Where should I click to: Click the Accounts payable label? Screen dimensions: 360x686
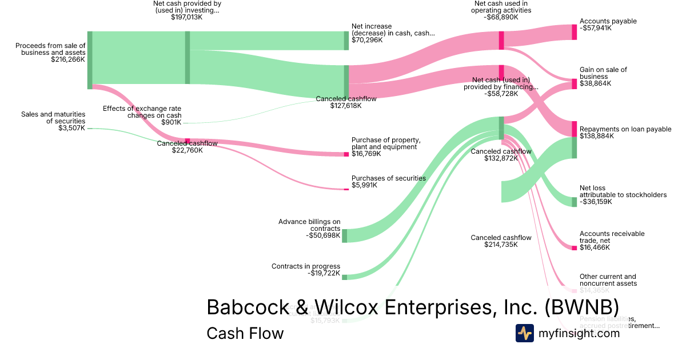(608, 21)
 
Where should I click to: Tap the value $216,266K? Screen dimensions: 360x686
(68, 59)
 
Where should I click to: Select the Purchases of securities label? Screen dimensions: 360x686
(388, 178)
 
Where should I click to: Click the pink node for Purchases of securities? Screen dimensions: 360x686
(346, 189)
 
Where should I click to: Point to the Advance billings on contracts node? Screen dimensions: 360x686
(345, 235)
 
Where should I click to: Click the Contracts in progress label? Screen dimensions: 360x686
(306, 266)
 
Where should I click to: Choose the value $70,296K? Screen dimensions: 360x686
(367, 40)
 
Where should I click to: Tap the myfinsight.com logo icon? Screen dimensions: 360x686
(524, 333)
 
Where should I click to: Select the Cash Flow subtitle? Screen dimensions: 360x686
(245, 333)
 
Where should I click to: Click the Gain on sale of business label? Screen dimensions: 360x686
(603, 73)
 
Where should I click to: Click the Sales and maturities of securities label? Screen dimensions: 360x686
(53, 118)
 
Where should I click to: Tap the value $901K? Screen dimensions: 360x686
(171, 122)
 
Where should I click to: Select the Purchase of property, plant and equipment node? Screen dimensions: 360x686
(346, 154)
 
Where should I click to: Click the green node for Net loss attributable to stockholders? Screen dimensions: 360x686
(575, 202)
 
